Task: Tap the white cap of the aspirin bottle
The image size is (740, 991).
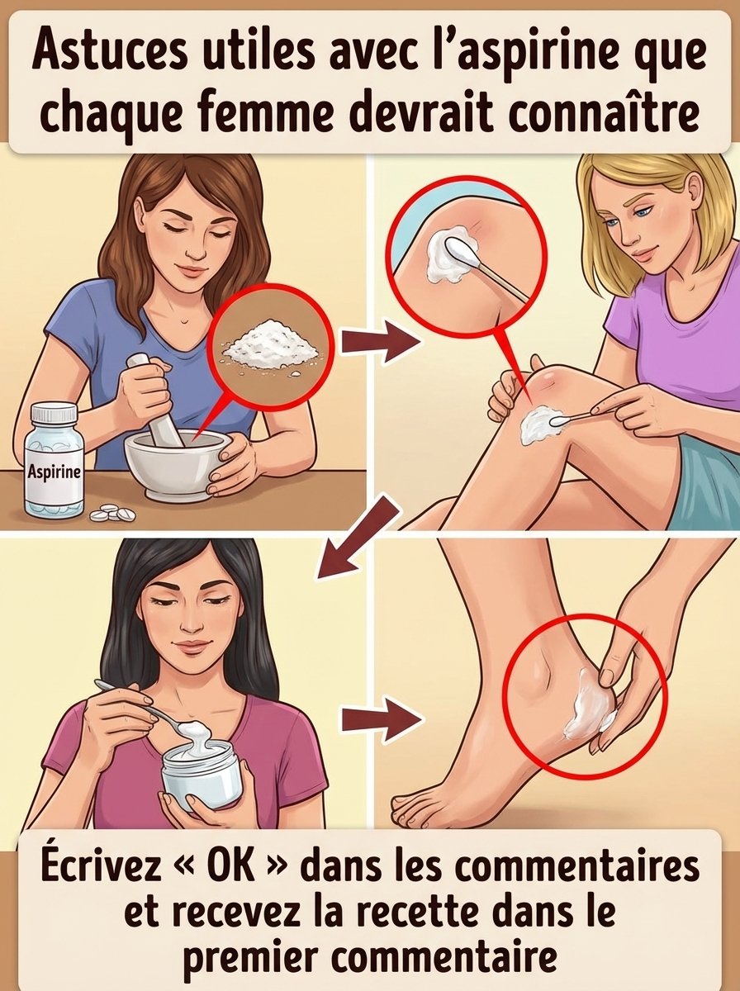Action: pos(54,415)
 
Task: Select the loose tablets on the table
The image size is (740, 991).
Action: pos(112,514)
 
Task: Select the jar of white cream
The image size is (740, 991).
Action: pos(201,772)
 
